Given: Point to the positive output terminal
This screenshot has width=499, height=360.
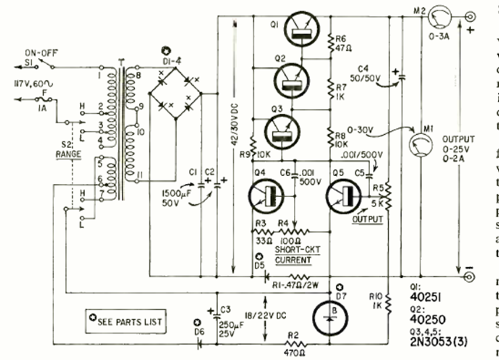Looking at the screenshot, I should point(470,16).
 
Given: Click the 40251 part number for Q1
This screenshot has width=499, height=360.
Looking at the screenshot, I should point(429,297).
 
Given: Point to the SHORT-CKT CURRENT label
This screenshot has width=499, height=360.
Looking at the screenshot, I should point(293,255).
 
